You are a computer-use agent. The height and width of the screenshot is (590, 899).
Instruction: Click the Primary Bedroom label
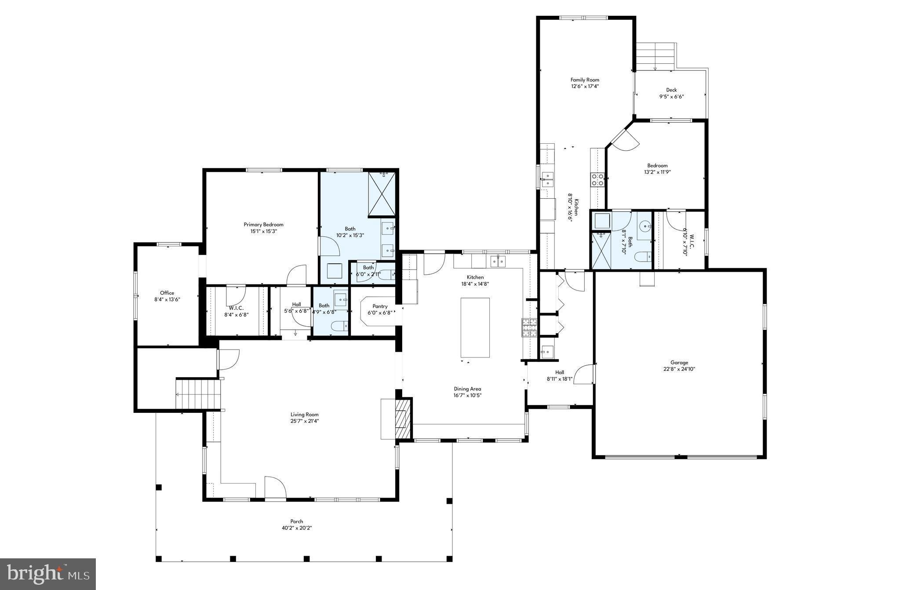[x=263, y=224]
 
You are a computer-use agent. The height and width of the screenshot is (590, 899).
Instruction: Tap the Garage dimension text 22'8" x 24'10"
[x=679, y=369]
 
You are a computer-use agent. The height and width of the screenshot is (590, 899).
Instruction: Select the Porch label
[x=296, y=521]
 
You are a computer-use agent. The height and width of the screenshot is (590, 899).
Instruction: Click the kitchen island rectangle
[x=475, y=328]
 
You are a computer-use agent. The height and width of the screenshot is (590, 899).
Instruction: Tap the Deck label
[x=671, y=90]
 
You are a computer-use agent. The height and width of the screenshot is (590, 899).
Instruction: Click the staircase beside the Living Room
[x=198, y=394]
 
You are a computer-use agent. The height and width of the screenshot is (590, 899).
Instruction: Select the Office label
[x=167, y=293]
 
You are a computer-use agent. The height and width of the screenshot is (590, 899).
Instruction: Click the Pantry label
[x=380, y=306]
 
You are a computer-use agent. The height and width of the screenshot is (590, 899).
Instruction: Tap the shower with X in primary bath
[x=382, y=194]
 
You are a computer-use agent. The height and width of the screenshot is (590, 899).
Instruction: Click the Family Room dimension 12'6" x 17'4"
[x=585, y=86]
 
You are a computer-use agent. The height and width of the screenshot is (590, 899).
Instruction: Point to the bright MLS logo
[x=48, y=574]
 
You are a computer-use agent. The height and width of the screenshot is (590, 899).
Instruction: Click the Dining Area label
[x=467, y=389]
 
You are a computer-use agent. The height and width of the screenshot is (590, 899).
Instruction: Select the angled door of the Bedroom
[x=623, y=138]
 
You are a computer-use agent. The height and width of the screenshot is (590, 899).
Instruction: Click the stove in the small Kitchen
[x=597, y=179]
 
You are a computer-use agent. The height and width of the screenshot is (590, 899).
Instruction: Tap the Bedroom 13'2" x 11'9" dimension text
[x=657, y=172]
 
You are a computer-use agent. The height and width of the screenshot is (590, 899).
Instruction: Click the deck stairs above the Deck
[x=656, y=56]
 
